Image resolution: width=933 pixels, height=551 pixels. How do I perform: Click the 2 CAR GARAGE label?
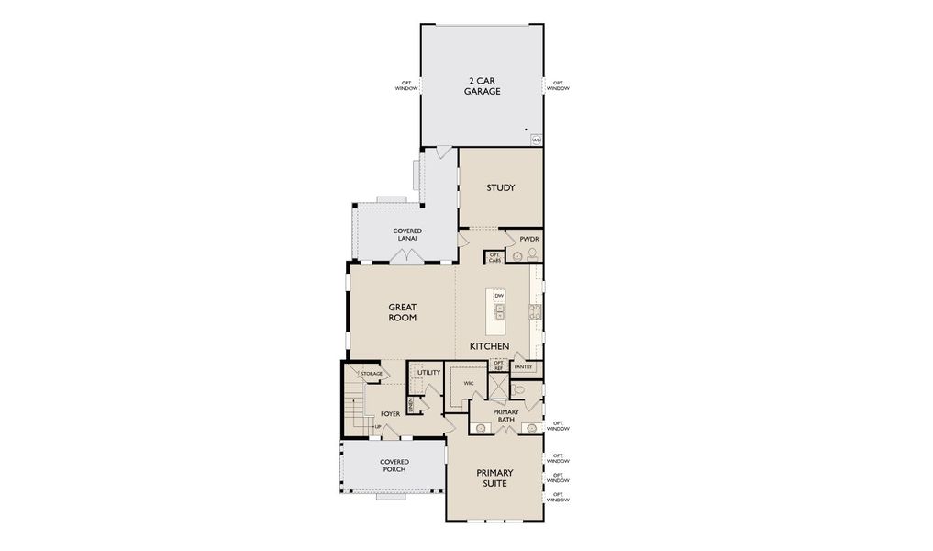click(482, 85)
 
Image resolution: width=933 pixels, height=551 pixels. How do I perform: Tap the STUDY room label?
click(501, 188)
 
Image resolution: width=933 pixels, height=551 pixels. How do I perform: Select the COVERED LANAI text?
click(405, 234)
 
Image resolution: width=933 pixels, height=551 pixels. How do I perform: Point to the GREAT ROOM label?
click(402, 312)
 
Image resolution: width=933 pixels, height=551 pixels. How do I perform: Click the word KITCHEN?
click(489, 346)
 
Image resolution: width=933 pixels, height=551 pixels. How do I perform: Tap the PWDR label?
click(528, 239)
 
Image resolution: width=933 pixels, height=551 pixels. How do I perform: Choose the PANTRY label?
click(523, 367)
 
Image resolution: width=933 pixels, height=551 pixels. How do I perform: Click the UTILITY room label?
click(429, 374)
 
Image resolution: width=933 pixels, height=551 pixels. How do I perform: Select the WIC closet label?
click(469, 383)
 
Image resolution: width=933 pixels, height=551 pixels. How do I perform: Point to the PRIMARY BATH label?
click(506, 415)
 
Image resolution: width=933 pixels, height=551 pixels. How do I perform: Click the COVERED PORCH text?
click(394, 466)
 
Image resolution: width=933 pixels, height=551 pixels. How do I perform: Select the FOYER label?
click(390, 414)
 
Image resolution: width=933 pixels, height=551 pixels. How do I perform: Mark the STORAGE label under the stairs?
click(371, 374)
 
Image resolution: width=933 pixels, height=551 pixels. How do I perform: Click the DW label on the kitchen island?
click(499, 295)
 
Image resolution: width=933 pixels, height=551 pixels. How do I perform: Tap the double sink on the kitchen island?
click(499, 313)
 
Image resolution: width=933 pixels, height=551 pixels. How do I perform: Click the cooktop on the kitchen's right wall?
click(536, 310)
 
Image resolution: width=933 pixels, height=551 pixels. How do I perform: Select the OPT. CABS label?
click(494, 258)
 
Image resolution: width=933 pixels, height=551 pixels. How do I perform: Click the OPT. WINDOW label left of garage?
click(405, 85)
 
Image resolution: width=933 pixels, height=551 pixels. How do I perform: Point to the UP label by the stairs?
click(377, 427)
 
